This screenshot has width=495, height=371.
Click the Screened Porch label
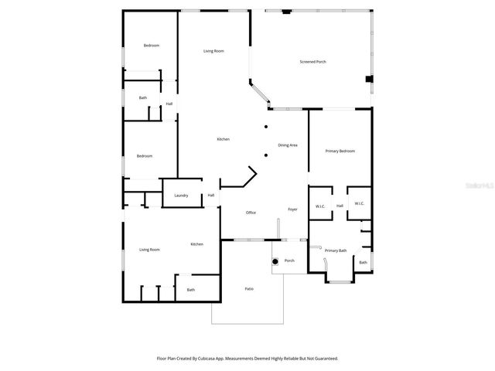[312, 62]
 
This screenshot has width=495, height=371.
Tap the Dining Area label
[288, 145]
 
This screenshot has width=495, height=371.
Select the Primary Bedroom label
[340, 151]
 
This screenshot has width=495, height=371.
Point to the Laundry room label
[182, 196]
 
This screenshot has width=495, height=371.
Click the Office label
[251, 213]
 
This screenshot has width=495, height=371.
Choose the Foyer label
[293, 209]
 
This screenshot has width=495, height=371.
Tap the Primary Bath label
[336, 250]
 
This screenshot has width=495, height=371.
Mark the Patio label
[249, 289]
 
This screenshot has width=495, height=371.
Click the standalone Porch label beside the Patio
[289, 260]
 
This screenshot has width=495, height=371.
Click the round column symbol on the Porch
[275, 261]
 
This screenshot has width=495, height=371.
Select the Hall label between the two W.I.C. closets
[340, 206]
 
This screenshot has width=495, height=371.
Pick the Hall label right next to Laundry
[210, 196]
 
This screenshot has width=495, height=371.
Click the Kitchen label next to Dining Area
[223, 139]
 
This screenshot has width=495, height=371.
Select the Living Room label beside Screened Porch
[213, 51]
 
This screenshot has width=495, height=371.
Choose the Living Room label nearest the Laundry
[149, 250]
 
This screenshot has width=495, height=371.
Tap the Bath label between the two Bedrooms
[143, 97]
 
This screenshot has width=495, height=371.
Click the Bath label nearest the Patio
[191, 290]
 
